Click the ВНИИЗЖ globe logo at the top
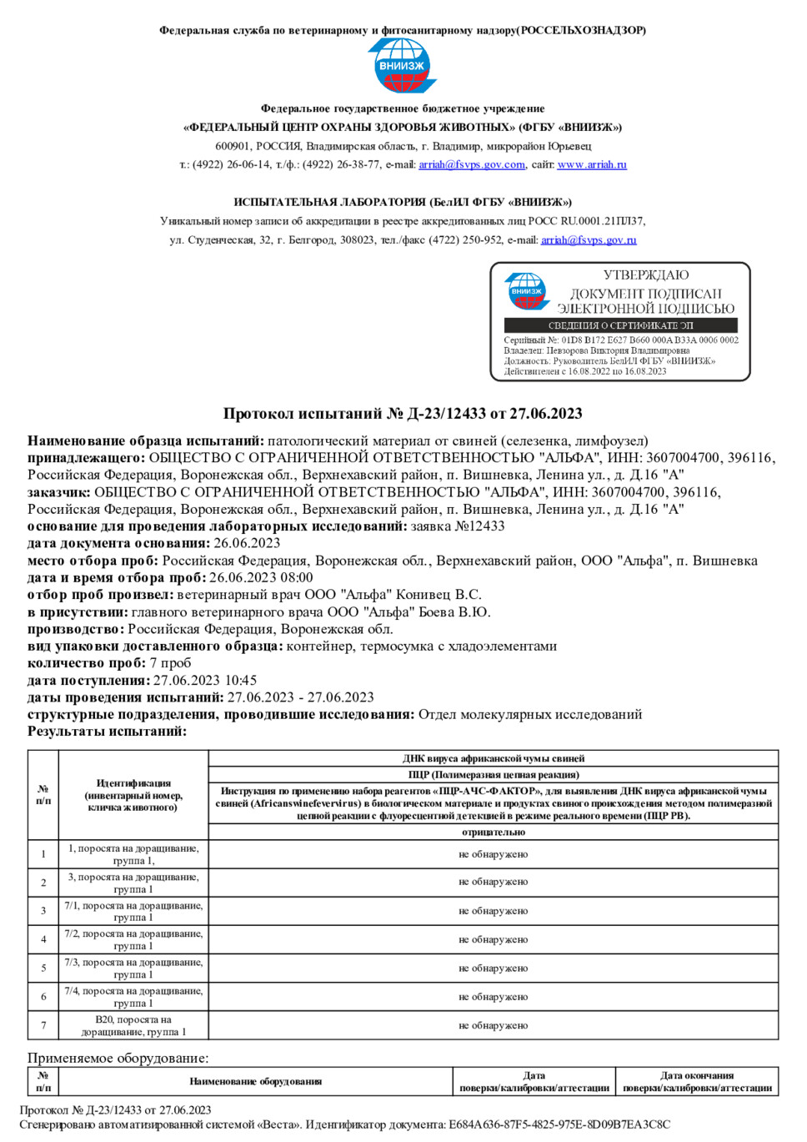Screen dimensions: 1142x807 pos(403,65)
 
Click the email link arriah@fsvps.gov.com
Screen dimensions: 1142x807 pos(472,164)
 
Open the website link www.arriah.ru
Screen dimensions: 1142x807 pos(592,164)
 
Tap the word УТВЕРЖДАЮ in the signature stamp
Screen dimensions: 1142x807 pos(646,274)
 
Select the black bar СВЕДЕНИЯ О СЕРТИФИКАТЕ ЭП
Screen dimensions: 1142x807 pos(620,325)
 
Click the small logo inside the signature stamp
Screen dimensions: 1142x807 pos(527,292)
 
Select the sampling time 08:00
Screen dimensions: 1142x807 pos(298,578)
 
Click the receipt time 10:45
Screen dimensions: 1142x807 pos(241,681)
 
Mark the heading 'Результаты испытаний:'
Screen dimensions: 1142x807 pos(107,732)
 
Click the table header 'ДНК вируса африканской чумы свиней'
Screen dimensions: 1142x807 pos(494,758)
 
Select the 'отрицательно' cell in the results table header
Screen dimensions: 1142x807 pos(494,832)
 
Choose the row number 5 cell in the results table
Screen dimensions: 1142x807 pos(43,968)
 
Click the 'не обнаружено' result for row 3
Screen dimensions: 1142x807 pos(494,911)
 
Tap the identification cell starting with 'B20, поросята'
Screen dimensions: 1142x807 pos(133,1026)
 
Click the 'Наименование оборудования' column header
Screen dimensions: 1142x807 pos(255,1082)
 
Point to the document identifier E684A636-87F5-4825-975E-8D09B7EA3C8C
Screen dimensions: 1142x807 pos(559,1124)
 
